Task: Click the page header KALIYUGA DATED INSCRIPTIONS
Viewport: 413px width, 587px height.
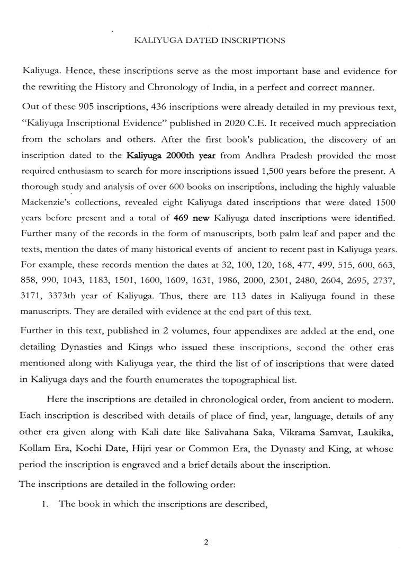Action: point(210,40)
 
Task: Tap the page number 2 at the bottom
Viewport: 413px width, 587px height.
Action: point(206,541)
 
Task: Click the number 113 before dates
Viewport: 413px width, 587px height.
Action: point(224,296)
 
